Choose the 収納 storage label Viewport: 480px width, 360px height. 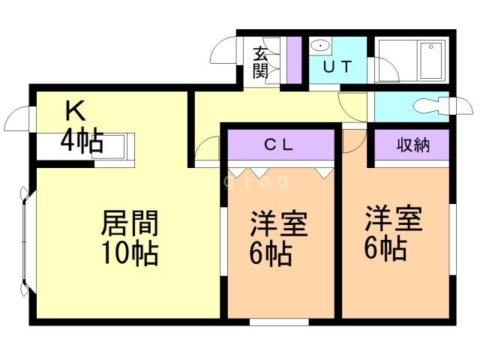(412, 145)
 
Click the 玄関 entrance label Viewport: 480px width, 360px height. (260, 62)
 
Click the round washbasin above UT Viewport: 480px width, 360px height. (319, 44)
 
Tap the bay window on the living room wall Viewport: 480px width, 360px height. (25, 240)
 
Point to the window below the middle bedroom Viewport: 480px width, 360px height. (278, 322)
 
